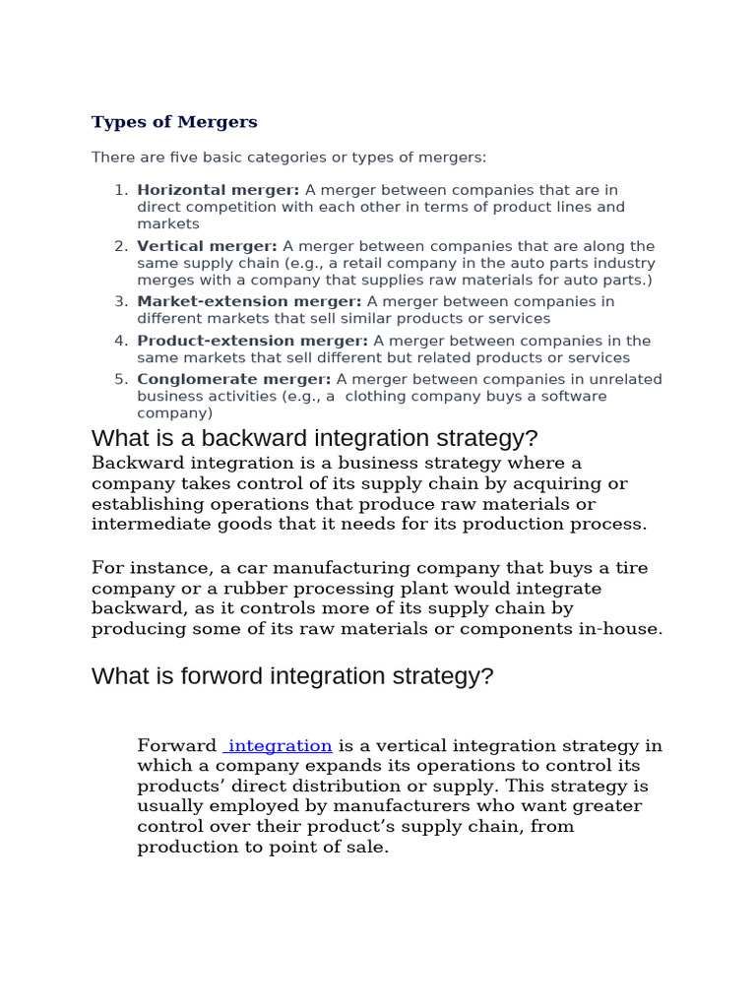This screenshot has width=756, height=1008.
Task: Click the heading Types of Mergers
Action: click(174, 122)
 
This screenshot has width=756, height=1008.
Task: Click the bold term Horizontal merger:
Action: click(219, 190)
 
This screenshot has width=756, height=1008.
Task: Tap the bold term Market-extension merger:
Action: click(249, 302)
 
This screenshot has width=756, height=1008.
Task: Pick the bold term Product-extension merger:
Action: click(253, 341)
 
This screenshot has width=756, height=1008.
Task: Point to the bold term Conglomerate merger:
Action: click(234, 379)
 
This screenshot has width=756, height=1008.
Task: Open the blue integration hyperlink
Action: click(279, 746)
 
